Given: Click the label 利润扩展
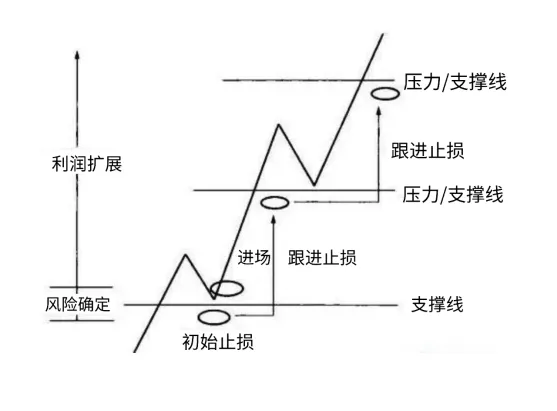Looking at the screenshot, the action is [87, 164].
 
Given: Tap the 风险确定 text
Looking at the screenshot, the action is [78, 304].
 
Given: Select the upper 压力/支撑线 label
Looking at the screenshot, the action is [455, 82].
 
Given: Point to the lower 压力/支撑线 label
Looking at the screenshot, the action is [453, 195].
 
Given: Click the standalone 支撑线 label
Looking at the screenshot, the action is [437, 305].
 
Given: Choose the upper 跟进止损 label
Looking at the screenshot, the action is [428, 151].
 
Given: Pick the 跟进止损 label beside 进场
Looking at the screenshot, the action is [322, 257].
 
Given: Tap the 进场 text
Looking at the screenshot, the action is [254, 257].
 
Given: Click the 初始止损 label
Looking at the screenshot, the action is [218, 342].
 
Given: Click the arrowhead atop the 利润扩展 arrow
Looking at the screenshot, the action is [77, 54].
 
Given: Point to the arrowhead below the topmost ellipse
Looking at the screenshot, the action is [379, 110].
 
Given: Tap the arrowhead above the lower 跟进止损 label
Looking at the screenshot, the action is [273, 219].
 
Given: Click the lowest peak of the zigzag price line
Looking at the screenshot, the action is [185, 254].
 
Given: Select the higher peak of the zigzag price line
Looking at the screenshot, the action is [279, 124].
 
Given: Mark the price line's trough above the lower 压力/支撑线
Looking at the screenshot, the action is [314, 185].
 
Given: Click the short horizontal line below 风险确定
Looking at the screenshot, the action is [82, 321].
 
